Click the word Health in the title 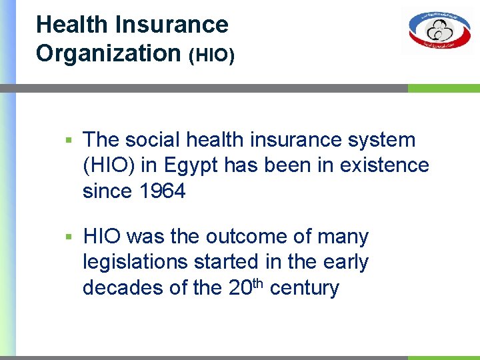coord(72,25)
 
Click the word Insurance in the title coord(171,25)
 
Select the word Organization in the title coord(109,53)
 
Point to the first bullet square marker coord(68,141)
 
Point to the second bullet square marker coord(68,237)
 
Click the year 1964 coord(163,191)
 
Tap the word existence coord(384,165)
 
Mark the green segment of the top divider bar coord(443,88)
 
